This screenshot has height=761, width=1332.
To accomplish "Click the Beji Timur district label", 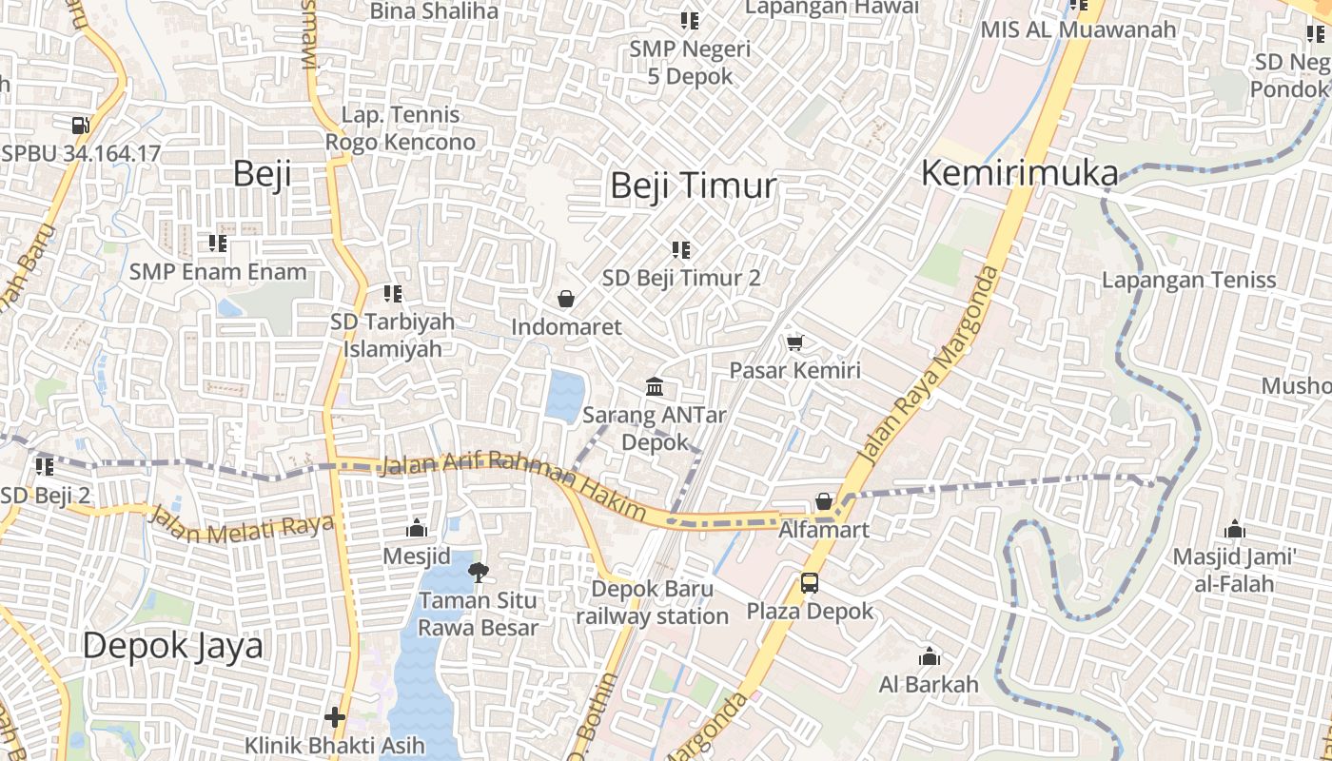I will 693,185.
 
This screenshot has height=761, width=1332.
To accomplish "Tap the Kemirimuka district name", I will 1020,173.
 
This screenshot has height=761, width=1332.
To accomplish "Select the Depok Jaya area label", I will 172,646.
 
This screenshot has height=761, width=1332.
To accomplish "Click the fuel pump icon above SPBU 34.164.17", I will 81,125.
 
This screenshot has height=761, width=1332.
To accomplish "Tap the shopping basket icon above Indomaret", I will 566,299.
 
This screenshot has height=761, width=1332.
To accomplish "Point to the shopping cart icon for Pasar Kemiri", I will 794,341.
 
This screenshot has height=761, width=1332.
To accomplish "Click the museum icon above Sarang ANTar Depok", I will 655,386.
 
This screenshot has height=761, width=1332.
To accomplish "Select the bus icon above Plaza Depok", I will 810,582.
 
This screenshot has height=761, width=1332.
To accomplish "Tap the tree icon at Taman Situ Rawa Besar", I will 479,571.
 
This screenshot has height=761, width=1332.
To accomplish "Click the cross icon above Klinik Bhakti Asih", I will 334,716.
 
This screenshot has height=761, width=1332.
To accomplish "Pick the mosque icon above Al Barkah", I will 929,656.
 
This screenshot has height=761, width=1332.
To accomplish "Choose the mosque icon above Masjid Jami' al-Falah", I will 1234,528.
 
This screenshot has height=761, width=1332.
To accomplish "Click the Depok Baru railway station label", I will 653,602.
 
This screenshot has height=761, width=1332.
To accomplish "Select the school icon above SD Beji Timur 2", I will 680,249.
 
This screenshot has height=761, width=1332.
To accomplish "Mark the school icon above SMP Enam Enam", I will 218,244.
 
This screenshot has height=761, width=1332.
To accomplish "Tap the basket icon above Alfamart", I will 824,500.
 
